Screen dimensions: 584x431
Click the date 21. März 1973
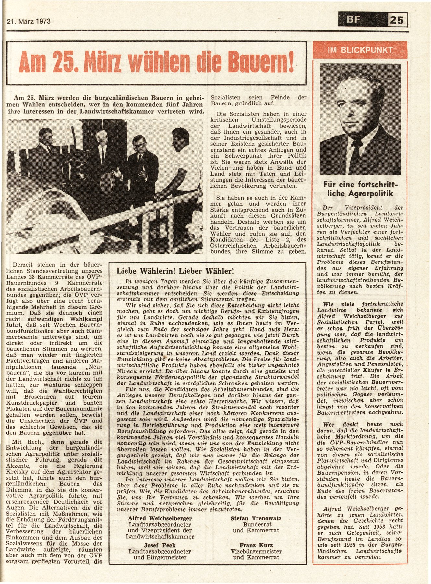29,22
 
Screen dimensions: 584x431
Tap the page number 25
397,20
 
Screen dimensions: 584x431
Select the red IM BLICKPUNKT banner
360,50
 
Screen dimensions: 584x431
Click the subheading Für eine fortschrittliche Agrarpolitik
360,189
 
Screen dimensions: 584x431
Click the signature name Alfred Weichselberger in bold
160,518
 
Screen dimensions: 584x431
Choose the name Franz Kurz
256,545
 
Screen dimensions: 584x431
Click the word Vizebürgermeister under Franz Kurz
256,551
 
